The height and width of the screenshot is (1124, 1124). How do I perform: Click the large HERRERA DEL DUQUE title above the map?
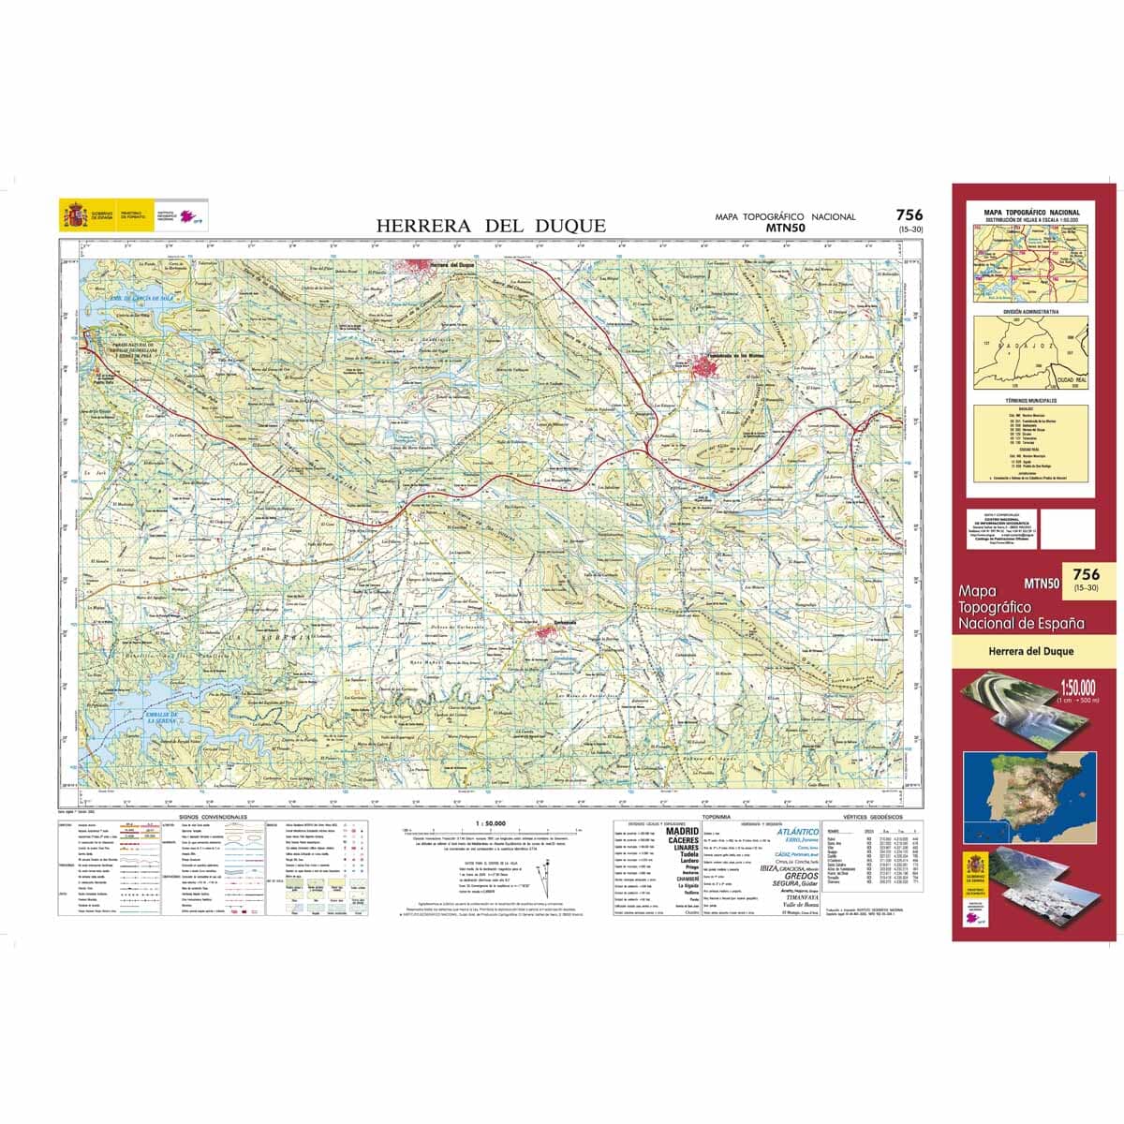coord(491,226)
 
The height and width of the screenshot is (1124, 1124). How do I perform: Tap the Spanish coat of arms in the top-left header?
coord(74,214)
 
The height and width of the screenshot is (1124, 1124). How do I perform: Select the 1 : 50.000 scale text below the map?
coord(491,823)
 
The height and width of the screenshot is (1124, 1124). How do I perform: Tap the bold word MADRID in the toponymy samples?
coord(682,831)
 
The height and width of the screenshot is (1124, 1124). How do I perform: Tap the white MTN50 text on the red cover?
coord(1042,582)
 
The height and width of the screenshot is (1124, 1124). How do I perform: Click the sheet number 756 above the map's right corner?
coord(909,215)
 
